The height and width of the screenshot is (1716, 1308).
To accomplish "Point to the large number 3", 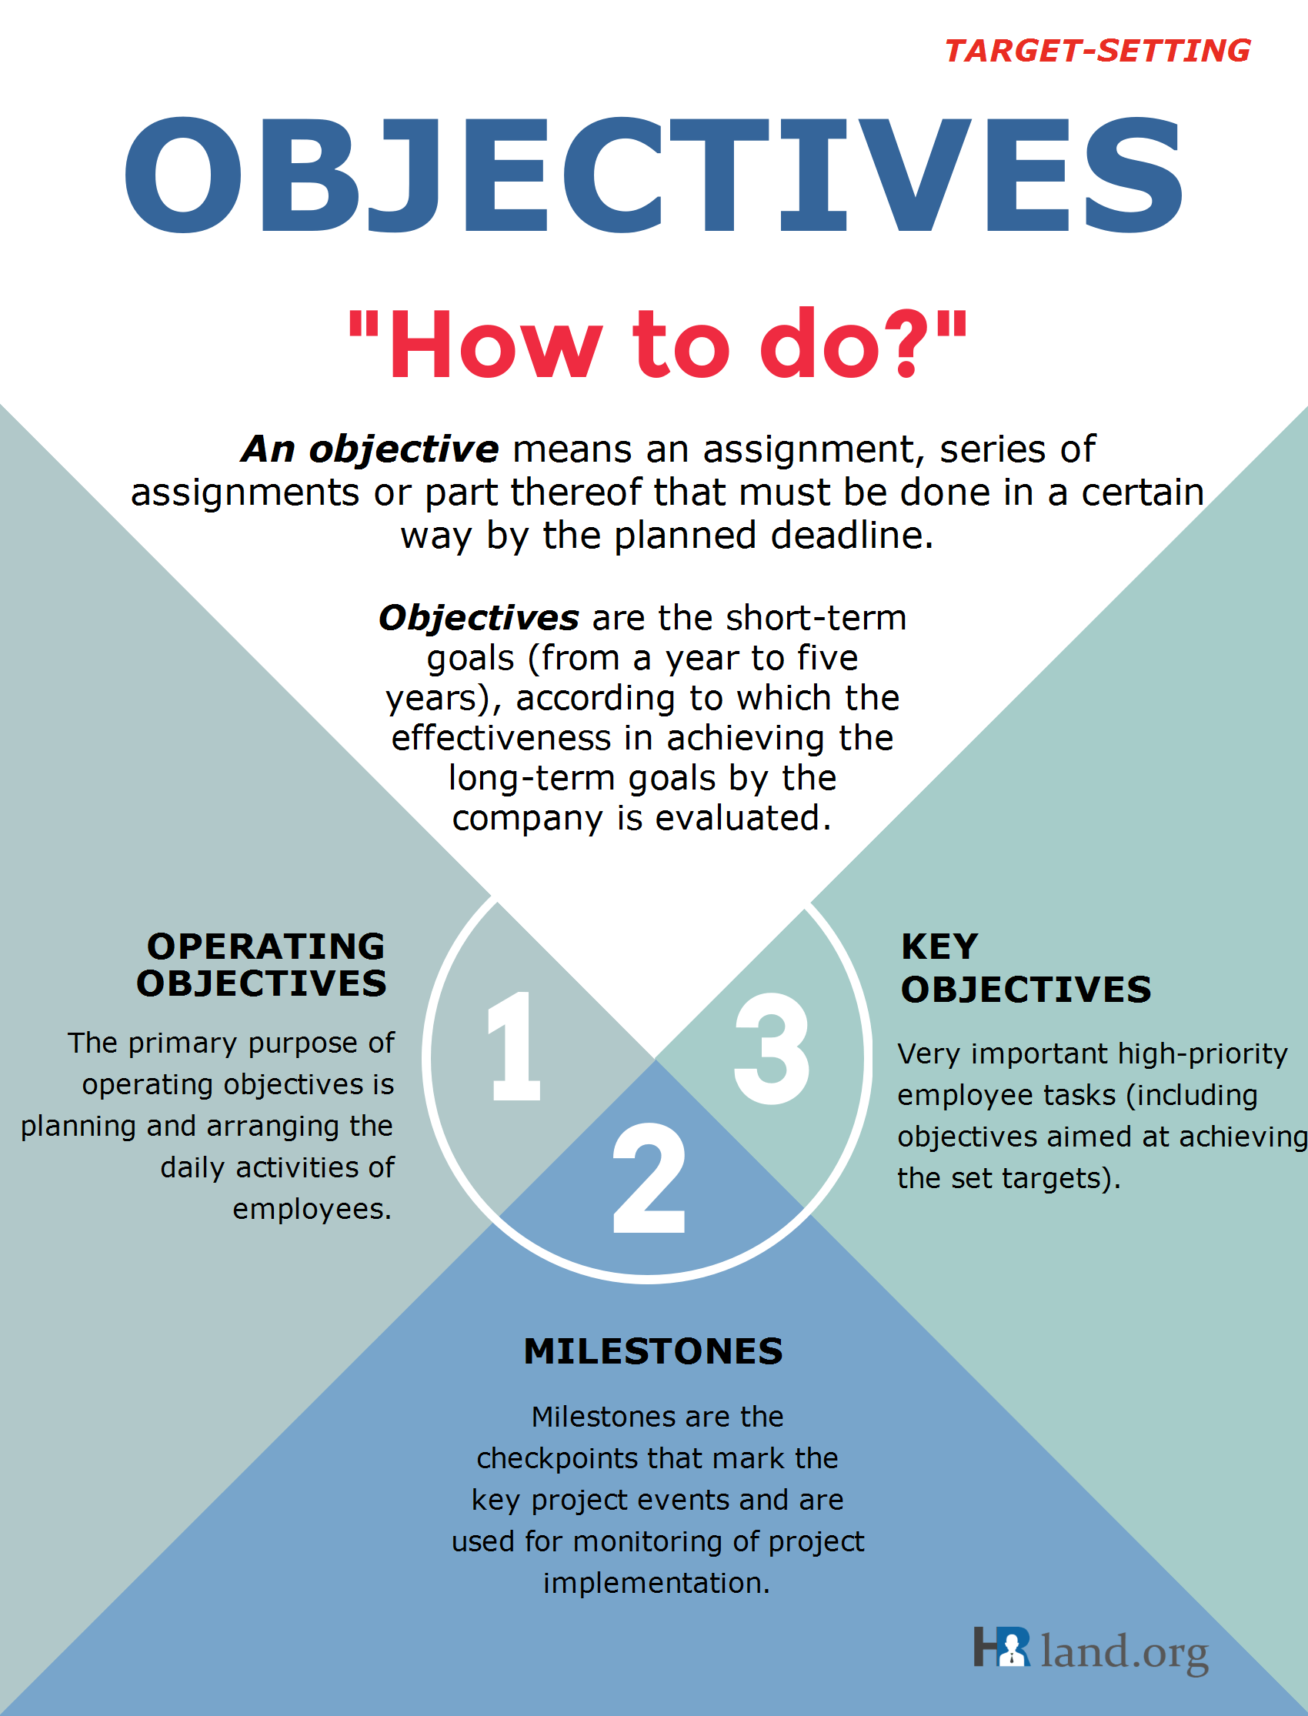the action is click(x=772, y=1048).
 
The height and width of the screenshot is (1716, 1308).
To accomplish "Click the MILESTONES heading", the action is click(x=653, y=1351).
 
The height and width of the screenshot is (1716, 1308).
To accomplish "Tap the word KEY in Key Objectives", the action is click(x=939, y=946).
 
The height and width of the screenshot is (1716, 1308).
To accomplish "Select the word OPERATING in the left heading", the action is click(x=265, y=946).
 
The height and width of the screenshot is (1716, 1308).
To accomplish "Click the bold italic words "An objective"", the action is click(x=370, y=449).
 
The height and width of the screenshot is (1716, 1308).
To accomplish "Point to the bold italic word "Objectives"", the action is click(x=478, y=618).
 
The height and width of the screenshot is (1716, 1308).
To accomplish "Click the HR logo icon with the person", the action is click(x=1002, y=1646).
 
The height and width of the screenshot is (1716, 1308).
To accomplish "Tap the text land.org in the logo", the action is click(x=1124, y=1651).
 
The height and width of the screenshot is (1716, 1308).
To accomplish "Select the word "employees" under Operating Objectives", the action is click(x=312, y=1209).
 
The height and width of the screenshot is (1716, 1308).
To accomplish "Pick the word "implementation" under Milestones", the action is click(x=656, y=1583).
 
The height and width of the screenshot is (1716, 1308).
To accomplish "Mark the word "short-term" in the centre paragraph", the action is click(x=816, y=618).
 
